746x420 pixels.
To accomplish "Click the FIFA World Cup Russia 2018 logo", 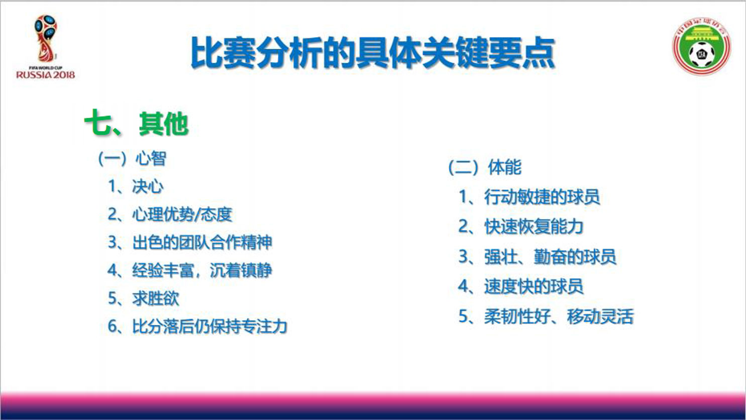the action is tap(45, 47).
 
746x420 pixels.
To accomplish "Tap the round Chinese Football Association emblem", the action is tap(701, 46).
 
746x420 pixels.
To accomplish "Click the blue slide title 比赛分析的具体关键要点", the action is tap(373, 53).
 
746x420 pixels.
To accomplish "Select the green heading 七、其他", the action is tap(137, 123).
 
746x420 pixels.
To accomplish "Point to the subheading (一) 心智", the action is tap(132, 158).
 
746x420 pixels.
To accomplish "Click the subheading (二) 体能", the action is tap(485, 167).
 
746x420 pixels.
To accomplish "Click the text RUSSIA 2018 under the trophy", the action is tap(45, 74).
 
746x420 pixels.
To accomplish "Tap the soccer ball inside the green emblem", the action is tap(702, 54).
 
